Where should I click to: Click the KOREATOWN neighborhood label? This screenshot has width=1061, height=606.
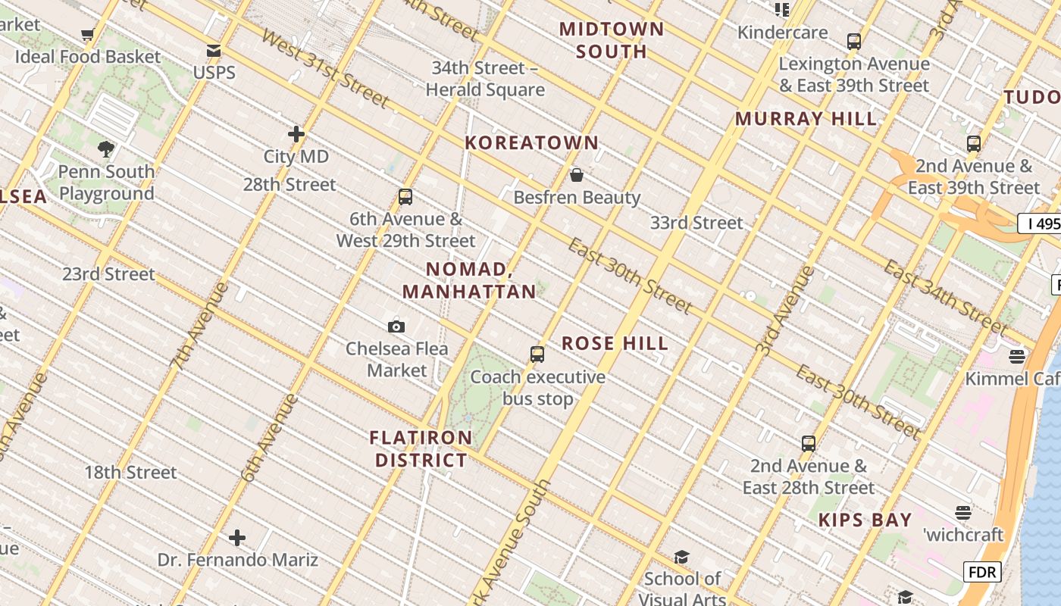pyautogui.click(x=531, y=142)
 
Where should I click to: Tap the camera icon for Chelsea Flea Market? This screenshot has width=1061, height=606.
pyautogui.click(x=396, y=326)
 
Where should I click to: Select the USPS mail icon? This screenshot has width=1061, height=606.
pyautogui.click(x=214, y=51)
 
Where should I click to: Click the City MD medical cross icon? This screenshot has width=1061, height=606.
pyautogui.click(x=296, y=134)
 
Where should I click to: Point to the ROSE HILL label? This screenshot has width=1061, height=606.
pyautogui.click(x=615, y=343)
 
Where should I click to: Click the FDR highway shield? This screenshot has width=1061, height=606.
pyautogui.click(x=982, y=572)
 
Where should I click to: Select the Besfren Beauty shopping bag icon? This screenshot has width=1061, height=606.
pyautogui.click(x=577, y=175)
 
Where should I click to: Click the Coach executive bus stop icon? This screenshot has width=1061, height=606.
pyautogui.click(x=537, y=354)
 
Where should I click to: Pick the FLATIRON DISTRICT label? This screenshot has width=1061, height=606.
pyautogui.click(x=421, y=448)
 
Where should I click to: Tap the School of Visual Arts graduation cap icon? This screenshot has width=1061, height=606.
pyautogui.click(x=681, y=557)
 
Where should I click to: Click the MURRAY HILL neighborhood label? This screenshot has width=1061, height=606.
pyautogui.click(x=806, y=119)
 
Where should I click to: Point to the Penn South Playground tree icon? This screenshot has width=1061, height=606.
pyautogui.click(x=106, y=148)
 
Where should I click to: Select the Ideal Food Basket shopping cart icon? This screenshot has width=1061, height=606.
pyautogui.click(x=87, y=34)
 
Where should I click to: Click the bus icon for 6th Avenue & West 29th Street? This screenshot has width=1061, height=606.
pyautogui.click(x=405, y=197)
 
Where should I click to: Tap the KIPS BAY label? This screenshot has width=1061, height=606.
pyautogui.click(x=865, y=520)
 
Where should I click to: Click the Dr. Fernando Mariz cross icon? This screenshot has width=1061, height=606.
pyautogui.click(x=237, y=538)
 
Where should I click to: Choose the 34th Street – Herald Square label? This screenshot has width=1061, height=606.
pyautogui.click(x=485, y=79)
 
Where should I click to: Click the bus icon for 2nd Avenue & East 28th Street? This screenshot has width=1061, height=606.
pyautogui.click(x=809, y=443)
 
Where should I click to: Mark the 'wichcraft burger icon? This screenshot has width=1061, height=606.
pyautogui.click(x=963, y=513)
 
